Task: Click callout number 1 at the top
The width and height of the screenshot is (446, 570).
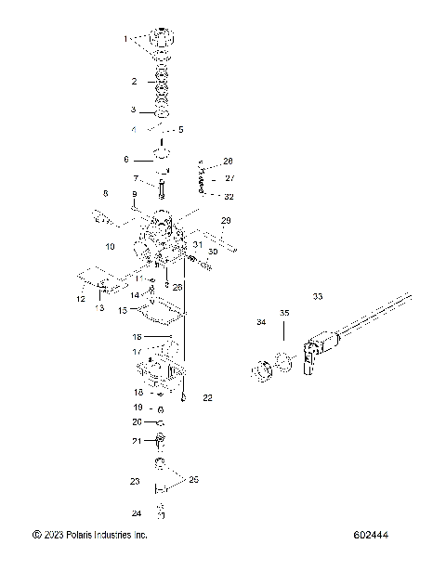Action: pos(126,39)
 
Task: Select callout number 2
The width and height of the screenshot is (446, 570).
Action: pos(134,82)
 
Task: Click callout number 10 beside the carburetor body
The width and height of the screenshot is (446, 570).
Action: pos(110,247)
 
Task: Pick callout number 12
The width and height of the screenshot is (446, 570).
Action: pos(81,299)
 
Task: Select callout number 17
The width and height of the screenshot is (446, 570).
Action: pos(136,352)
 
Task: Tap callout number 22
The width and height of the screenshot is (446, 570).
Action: pos(207,397)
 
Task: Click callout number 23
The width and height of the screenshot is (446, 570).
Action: pos(135,481)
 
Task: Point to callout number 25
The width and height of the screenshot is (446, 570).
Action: pos(193,480)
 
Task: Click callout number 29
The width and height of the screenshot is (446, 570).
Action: pos(225,220)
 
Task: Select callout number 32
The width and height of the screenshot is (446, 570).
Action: pos(230,196)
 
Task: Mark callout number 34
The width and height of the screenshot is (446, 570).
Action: pos(261,322)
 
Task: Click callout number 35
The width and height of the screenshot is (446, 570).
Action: pos(284,314)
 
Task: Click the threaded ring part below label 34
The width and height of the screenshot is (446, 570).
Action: pos(263,370)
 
